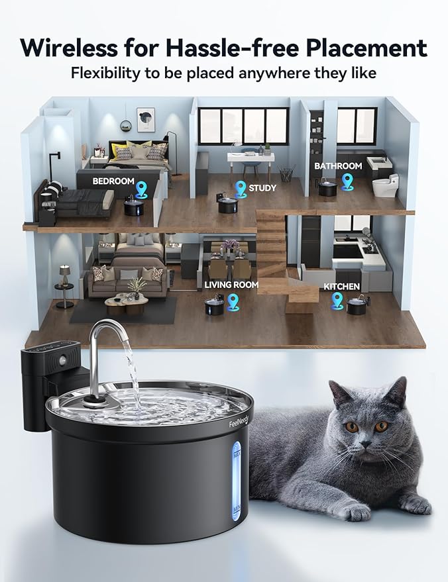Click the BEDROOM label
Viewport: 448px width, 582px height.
[x=113, y=181]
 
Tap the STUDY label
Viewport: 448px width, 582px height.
[x=262, y=188]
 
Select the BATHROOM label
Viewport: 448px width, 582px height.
[x=338, y=166]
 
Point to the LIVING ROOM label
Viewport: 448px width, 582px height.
[x=231, y=285]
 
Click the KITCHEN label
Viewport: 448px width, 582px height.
[x=342, y=287]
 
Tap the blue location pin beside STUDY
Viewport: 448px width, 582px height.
[x=241, y=187]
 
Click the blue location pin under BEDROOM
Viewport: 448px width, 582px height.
[x=141, y=191]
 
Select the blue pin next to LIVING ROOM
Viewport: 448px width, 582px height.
[x=233, y=301]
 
